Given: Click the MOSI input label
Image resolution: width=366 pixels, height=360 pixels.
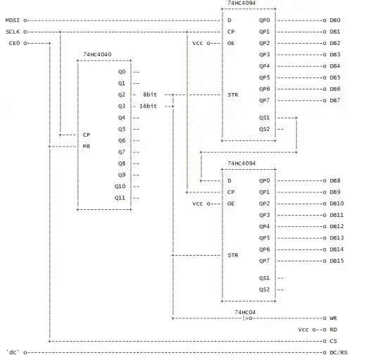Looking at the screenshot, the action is pos(13,20).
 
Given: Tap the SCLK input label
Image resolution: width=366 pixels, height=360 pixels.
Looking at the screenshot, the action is pos(13,32).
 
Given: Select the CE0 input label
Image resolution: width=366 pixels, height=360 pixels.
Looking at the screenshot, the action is pos(14,43).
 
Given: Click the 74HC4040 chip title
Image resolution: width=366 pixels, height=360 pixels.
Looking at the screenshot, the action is pos(97,54).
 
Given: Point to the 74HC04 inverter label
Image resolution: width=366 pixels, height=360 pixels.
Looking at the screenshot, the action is pos(245,312).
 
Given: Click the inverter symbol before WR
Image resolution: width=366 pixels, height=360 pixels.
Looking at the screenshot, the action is pos(248,318).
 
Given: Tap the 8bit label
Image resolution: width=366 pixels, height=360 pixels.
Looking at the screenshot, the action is pos(150,94).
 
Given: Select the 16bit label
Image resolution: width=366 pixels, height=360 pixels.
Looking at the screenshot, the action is pos(148,106).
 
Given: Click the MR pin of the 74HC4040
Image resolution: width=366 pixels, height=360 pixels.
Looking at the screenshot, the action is pos(87,147).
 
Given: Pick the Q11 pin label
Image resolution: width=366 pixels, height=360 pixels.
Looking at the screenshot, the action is pos(120,198).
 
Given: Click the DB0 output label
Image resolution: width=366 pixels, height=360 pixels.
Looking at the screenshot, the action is pos(335,20).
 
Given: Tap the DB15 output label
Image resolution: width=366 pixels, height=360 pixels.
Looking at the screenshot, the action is pos(336,261).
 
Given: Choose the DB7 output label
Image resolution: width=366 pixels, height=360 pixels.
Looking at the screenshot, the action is pos(335,100).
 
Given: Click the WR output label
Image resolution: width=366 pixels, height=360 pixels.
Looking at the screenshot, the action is pos(333,318).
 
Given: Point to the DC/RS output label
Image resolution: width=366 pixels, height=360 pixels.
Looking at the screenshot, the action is pos(339,352).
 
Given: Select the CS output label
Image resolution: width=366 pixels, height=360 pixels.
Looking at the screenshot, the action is pos(333,341).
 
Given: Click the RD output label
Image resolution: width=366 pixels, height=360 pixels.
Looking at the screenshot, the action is pos(333,330).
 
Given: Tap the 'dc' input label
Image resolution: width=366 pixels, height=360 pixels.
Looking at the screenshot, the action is pos(13,352).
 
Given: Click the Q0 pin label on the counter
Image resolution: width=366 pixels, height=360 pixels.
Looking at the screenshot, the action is pos(122,72).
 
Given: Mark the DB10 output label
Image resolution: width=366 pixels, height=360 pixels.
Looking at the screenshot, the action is pos(336,204).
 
